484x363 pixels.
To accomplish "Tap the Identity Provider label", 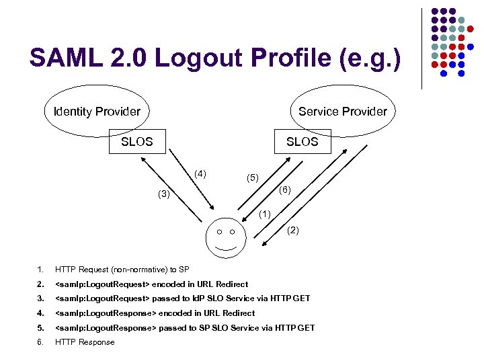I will tap(97, 111).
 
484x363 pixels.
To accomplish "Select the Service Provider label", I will tap(343, 111).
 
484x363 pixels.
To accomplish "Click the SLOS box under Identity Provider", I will tap(137, 142).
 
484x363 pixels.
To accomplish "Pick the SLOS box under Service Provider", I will tap(302, 142).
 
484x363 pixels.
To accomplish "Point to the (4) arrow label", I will tap(200, 175).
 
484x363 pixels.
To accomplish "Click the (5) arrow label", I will tap(252, 178).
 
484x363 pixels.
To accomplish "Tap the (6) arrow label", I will tap(284, 190).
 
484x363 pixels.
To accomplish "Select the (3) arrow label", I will tap(163, 195).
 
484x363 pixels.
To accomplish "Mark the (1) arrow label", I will tap(264, 214).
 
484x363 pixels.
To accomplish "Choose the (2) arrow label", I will tap(293, 231).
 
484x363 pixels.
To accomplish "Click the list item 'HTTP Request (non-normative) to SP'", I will tap(122, 270).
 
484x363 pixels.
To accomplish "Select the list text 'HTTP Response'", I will tap(85, 342).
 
